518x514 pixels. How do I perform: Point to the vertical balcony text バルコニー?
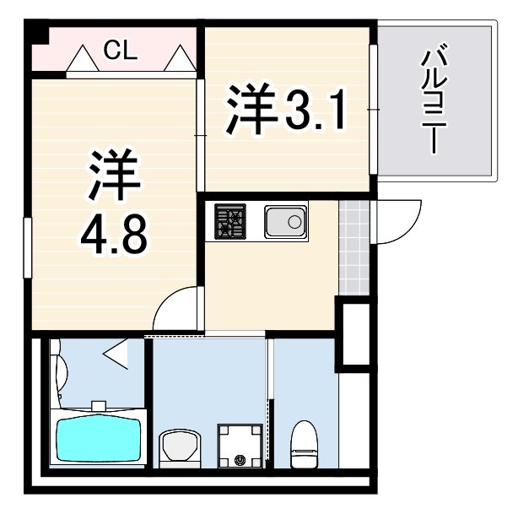tap(434, 101)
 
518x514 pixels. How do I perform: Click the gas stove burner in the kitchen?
tap(229, 222)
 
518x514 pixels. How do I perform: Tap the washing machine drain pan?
tap(240, 444)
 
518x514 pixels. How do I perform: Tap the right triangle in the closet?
tap(180, 60)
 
